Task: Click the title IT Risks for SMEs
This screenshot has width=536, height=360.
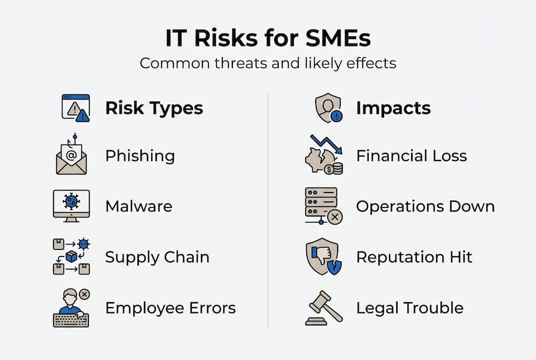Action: (x=268, y=38)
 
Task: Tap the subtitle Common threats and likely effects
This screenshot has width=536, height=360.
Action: (x=268, y=63)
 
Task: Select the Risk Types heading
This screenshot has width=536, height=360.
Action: (x=154, y=108)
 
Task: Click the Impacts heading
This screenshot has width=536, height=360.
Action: (x=393, y=108)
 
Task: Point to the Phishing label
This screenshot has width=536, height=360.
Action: (x=140, y=156)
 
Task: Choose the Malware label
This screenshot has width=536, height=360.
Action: (x=138, y=206)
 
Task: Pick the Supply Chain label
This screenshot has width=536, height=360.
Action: (x=157, y=257)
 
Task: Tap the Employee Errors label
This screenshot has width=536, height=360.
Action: (x=170, y=307)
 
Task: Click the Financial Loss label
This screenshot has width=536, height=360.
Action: (x=411, y=156)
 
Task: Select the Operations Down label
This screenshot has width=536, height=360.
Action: (x=425, y=206)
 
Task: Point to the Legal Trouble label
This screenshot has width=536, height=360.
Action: (x=410, y=307)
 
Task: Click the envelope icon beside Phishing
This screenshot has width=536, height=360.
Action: (x=71, y=156)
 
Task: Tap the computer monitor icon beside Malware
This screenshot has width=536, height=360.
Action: (x=71, y=205)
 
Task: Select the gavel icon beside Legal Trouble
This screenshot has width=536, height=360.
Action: (x=324, y=307)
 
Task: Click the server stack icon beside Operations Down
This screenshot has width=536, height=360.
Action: (x=323, y=205)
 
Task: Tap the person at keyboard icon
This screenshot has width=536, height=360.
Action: (x=71, y=308)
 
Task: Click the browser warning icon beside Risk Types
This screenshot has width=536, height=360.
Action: (x=75, y=108)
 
